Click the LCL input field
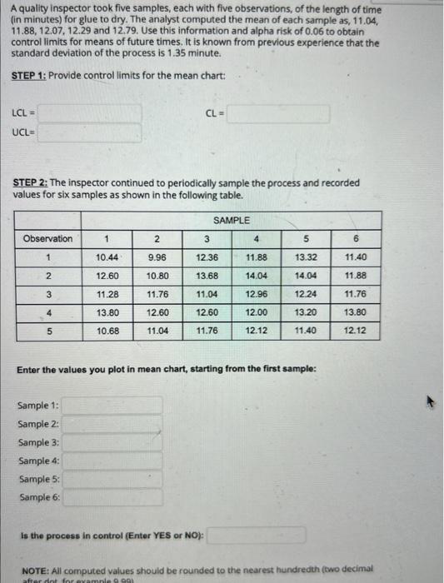coord(88,112)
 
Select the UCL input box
coord(88,133)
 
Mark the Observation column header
coord(47,238)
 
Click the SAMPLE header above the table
coord(231,220)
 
